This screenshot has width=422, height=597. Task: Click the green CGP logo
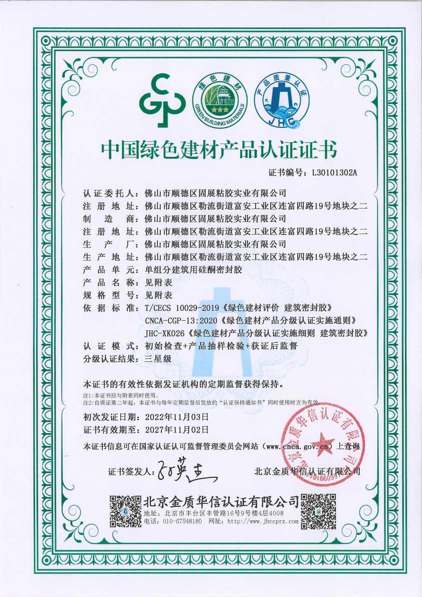coord(163,100)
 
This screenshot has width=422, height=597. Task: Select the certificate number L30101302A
coord(334,173)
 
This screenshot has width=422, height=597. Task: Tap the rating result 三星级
coord(158,359)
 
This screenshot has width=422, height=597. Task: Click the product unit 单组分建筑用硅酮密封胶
coord(193,270)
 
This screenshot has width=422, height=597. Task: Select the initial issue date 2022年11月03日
coord(176,417)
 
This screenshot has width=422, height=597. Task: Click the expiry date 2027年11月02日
coord(176,430)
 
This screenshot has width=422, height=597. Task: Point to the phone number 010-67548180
coord(180,521)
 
